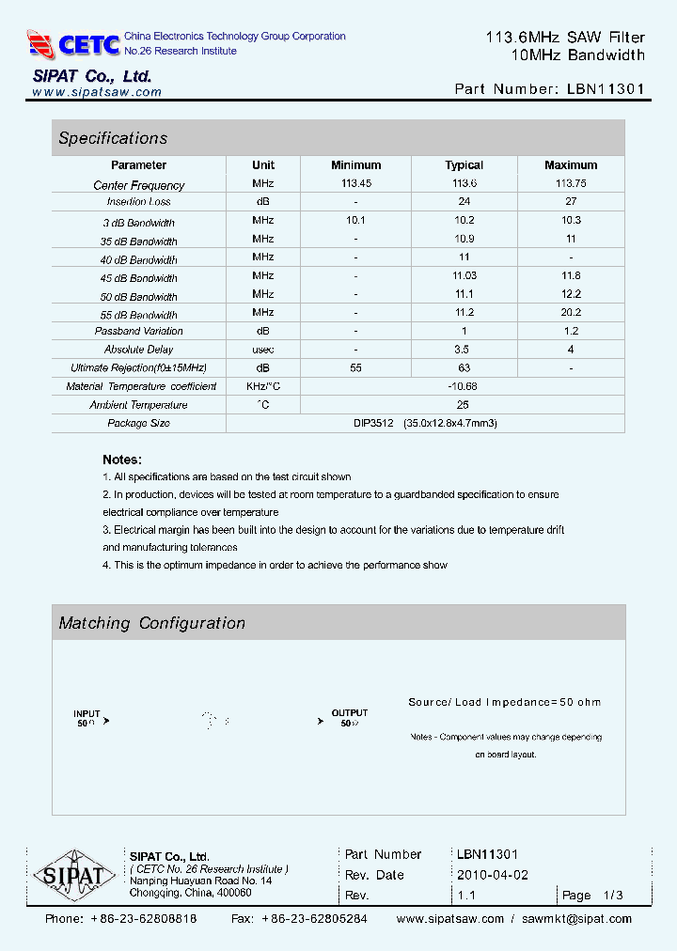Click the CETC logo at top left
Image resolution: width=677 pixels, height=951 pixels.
(x=73, y=44)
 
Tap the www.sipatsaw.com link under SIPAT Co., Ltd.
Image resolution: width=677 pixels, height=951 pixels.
(x=97, y=92)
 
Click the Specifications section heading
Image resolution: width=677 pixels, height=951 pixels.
(x=113, y=138)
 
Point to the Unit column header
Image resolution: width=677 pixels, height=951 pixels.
(x=263, y=165)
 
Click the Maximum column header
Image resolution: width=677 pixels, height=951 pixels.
(x=571, y=165)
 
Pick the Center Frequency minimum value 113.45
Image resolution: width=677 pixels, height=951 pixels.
(x=356, y=183)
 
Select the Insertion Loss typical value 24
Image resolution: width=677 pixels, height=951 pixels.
(x=464, y=202)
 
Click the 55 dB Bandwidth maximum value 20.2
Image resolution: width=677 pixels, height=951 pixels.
(x=571, y=313)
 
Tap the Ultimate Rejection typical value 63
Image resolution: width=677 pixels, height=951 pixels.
(x=464, y=367)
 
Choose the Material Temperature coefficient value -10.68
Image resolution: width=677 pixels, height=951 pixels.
(x=464, y=386)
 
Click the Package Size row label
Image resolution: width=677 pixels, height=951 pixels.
(x=138, y=423)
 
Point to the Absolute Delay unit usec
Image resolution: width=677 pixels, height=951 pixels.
(x=263, y=350)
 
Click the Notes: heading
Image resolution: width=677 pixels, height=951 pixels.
(x=122, y=460)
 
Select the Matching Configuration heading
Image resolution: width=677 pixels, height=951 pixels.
(x=151, y=623)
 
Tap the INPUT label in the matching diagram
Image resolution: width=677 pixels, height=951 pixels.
(x=87, y=713)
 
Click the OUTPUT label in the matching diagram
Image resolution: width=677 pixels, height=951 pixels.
(x=350, y=713)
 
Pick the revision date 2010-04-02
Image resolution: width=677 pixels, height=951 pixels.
(x=493, y=875)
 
